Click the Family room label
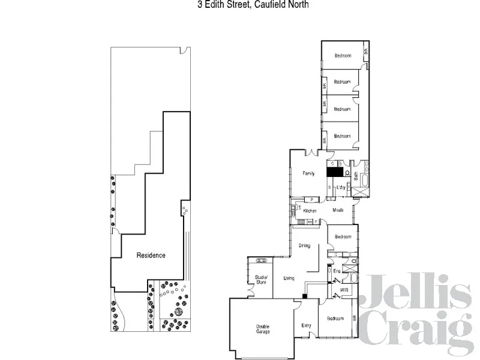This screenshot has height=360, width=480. [308, 173]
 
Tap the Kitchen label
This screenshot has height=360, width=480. [310, 211]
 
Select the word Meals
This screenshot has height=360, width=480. [338, 210]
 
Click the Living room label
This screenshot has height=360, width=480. [289, 278]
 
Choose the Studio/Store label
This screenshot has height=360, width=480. [260, 279]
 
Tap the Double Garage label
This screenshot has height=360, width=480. [263, 329]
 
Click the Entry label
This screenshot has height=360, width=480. [306, 326]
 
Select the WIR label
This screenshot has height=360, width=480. [344, 290]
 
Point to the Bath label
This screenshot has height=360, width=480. [356, 176]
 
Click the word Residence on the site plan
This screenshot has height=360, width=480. [151, 255]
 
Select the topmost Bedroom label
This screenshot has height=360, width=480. [343, 55]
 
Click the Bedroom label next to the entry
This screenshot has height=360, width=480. [335, 318]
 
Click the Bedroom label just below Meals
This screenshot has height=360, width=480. [343, 236]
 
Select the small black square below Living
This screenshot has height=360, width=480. [305, 295]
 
